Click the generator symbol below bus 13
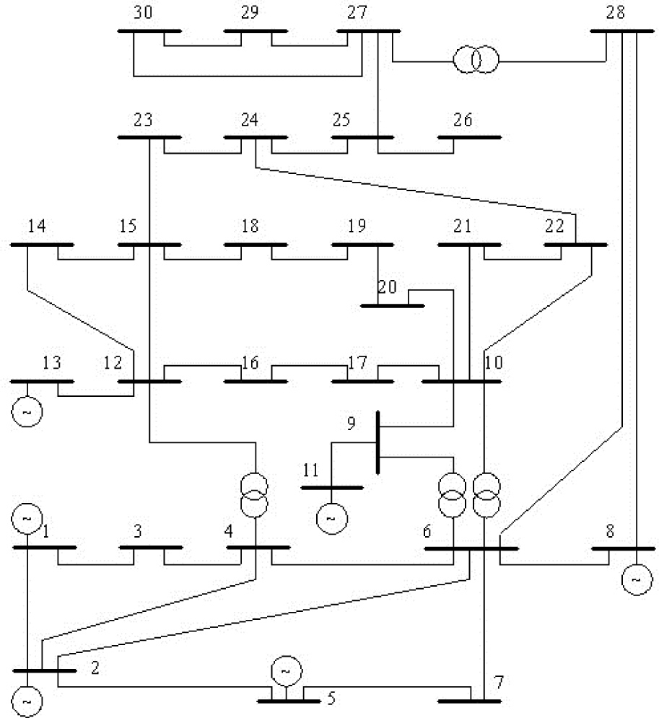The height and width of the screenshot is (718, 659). pos(27,412)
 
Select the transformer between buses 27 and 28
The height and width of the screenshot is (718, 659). pos(476,61)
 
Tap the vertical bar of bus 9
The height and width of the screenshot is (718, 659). pos(377,442)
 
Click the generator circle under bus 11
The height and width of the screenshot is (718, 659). pos(331,517)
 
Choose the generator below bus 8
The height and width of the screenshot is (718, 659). pos(636,579)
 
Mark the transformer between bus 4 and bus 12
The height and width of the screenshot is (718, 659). pos(256,496)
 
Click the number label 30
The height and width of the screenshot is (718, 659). pos(144,13)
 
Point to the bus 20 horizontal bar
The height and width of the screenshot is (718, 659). pos(392,306)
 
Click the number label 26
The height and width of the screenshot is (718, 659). pos(463,119)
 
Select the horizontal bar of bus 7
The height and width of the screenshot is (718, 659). pos(469,701)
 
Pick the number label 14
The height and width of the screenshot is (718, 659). pos(37,227)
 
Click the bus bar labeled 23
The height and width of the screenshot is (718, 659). pos(149,137)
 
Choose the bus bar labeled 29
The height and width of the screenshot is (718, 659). pos(256,32)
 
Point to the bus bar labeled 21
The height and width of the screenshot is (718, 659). pos(469,245)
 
